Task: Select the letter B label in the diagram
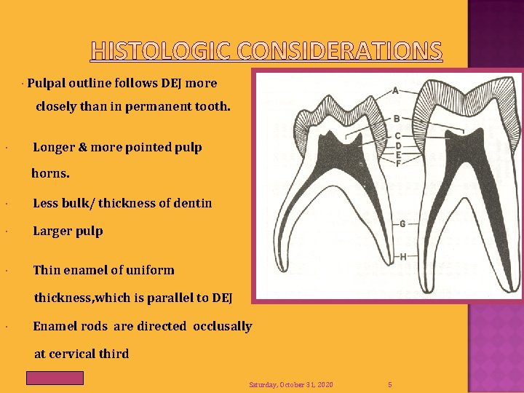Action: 397,118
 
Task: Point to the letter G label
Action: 402,223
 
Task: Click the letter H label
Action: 402,257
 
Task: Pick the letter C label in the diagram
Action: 398,136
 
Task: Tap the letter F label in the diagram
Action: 398,163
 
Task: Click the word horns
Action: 50,175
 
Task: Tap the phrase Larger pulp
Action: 68,231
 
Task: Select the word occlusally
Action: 222,326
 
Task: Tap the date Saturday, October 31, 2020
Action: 290,384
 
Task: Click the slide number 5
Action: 390,384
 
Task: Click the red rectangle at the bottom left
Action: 55,378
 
